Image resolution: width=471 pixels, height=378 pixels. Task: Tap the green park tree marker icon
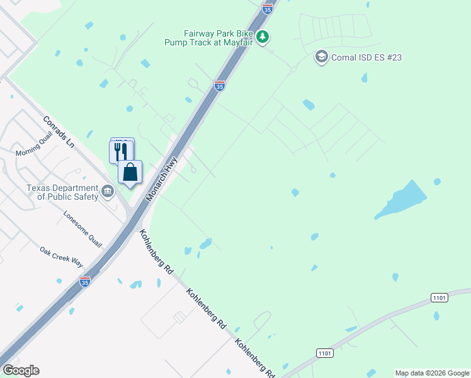coord(263,38)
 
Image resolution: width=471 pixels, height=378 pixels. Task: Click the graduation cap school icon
coord(322,57)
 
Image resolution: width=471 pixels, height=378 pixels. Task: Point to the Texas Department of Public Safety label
coord(62,192)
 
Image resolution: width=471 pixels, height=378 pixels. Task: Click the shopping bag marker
coord(130,172)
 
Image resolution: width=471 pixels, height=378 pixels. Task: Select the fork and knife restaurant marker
coord(121,151)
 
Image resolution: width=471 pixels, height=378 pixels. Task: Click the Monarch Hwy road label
coord(162,180)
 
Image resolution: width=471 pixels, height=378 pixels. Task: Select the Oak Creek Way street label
coord(61,256)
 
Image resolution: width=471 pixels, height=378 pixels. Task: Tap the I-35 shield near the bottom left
coord(84,281)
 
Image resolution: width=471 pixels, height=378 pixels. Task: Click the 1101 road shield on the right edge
coord(440,297)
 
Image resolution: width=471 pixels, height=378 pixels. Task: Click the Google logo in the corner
coord(21,370)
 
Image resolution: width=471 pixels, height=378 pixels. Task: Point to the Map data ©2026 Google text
coord(433,373)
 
